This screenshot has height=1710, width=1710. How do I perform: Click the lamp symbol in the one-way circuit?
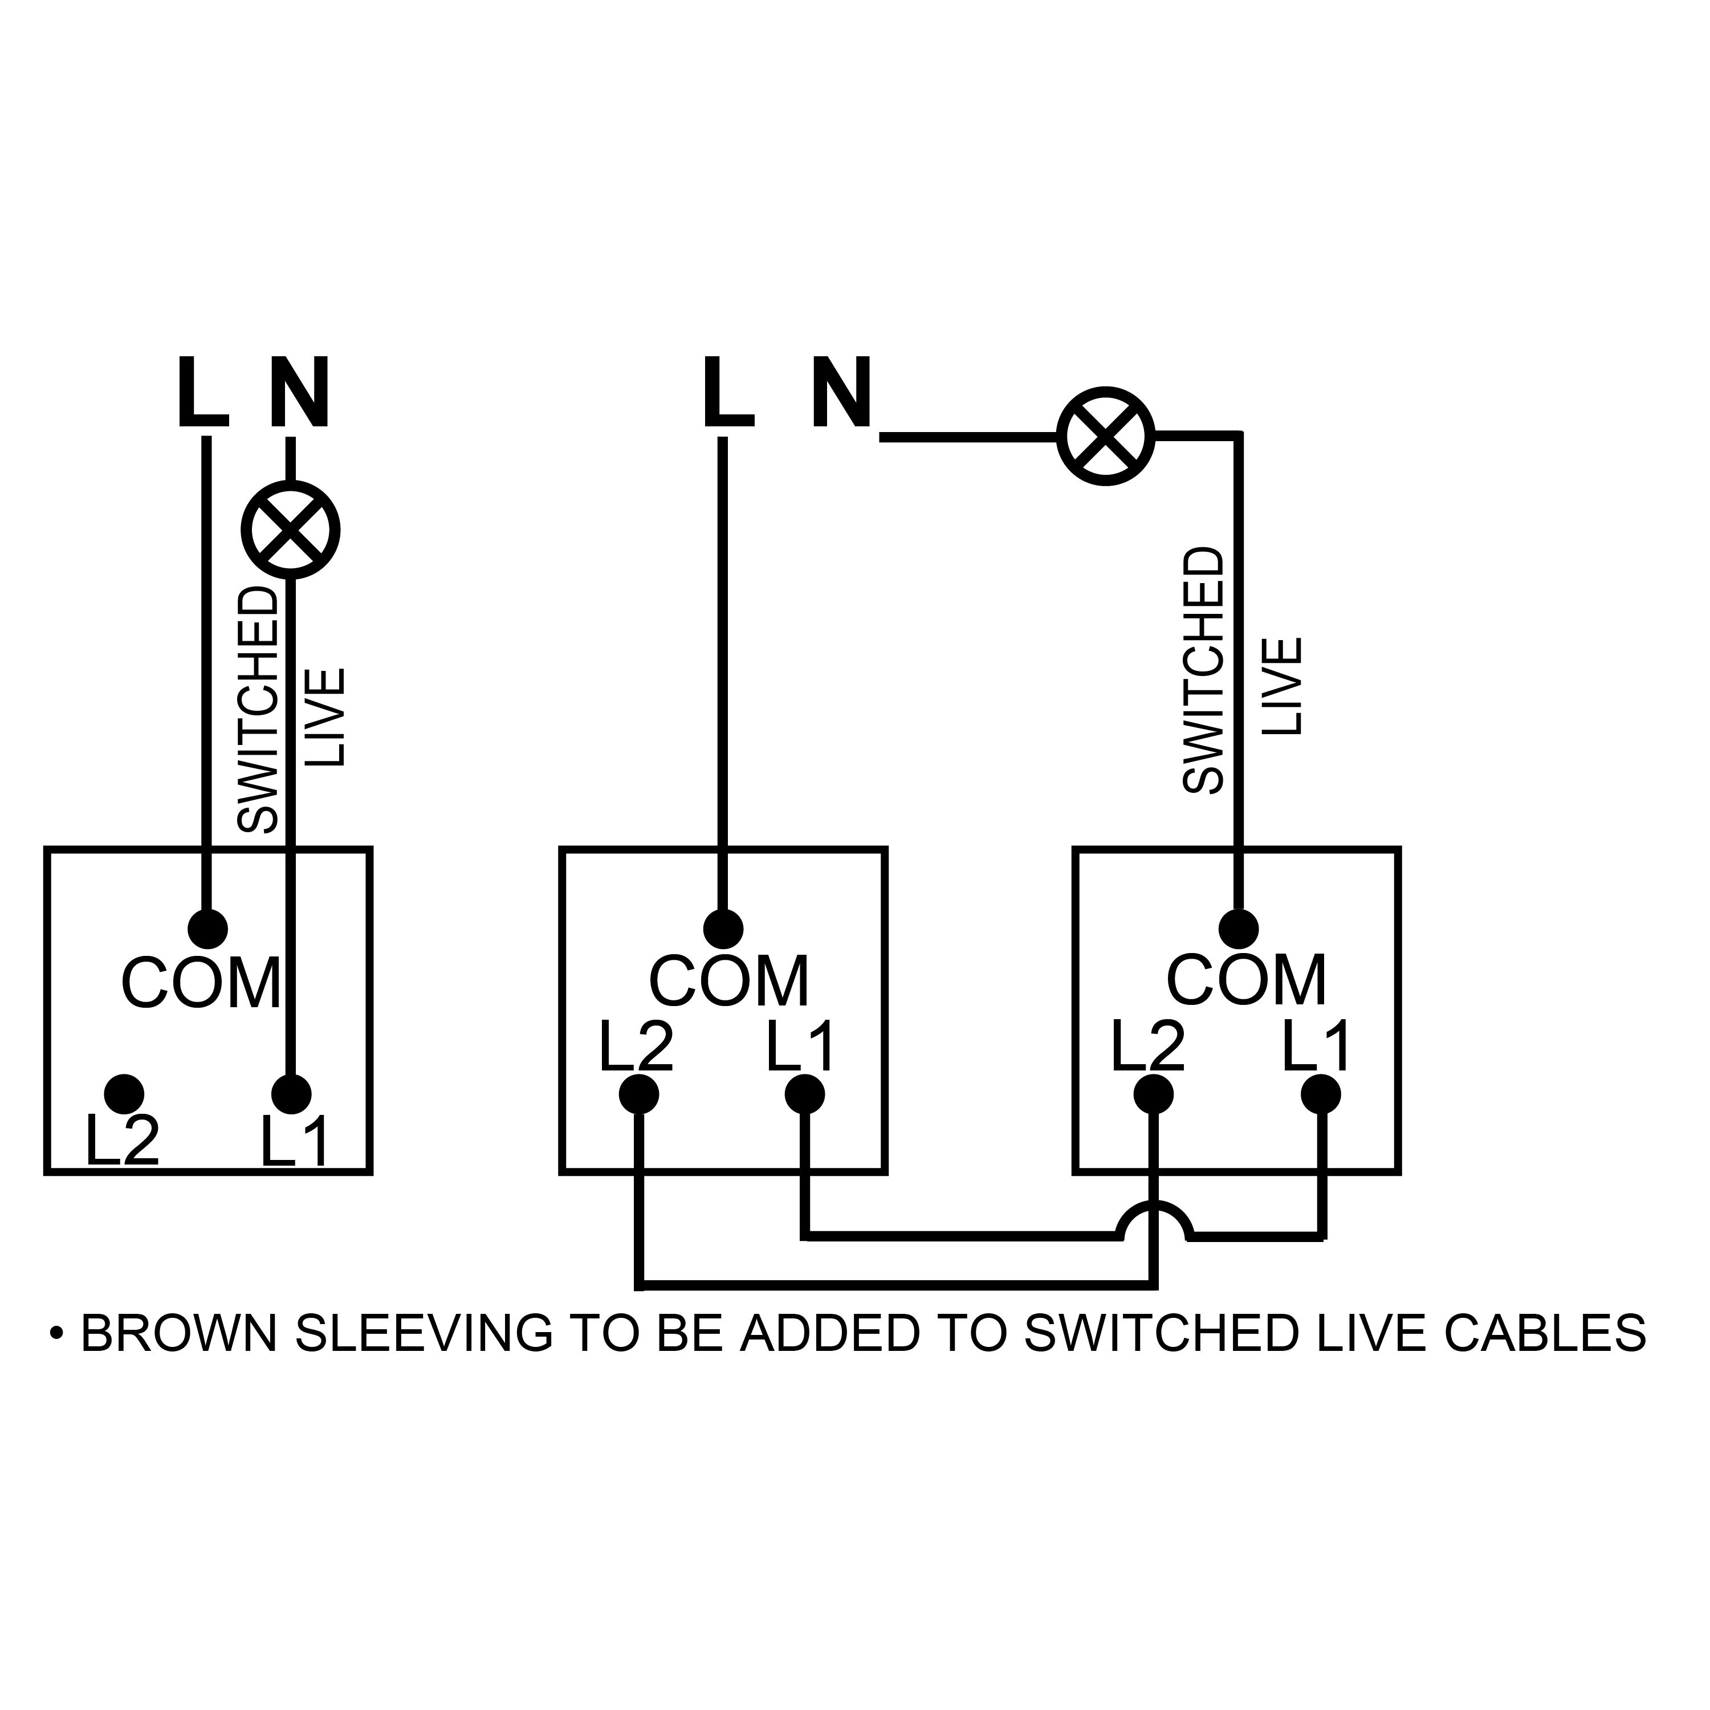point(291,530)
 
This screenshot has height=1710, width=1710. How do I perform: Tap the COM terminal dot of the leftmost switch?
point(209,929)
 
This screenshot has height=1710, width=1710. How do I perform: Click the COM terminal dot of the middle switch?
point(723,929)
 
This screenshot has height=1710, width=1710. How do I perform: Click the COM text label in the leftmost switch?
point(201,983)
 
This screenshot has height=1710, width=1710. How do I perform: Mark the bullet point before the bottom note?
point(58,1357)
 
